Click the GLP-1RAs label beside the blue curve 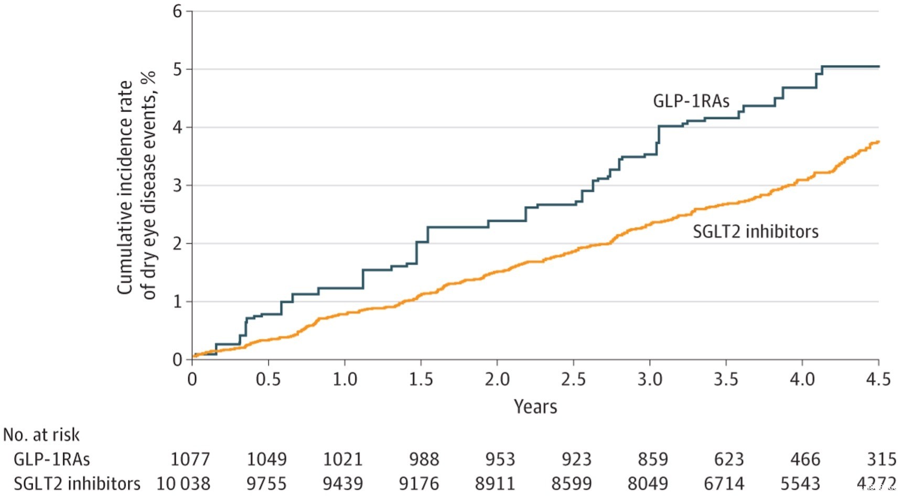pos(691,101)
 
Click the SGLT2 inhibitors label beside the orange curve pos(755,231)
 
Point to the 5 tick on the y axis pos(178,69)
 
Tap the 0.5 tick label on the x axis pos(268,379)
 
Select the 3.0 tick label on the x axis pos(649,379)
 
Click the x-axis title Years pos(535,407)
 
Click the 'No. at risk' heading pos(41,435)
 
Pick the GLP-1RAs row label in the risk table pos(51,459)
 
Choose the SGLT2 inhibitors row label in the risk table pos(77,483)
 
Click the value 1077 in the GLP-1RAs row pos(190,459)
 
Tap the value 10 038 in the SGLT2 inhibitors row pos(183,483)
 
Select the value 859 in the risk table pos(653,459)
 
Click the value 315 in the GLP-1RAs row pos(882,459)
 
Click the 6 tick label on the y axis pos(178,11)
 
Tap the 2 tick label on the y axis pos(178,244)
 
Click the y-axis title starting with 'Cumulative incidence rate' pos(136,186)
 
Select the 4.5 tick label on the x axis pos(878,379)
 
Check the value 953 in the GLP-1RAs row pos(500,459)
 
